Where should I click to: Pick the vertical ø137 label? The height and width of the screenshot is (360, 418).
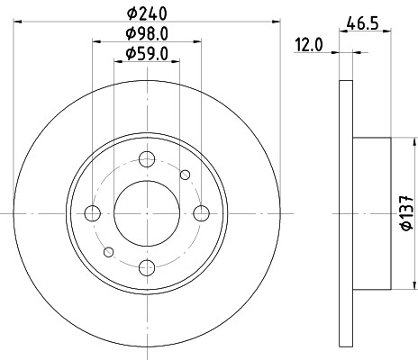pos(406,212)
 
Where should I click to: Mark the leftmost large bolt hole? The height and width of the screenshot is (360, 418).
pos(93,213)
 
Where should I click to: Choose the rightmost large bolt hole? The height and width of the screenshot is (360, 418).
pos(201,213)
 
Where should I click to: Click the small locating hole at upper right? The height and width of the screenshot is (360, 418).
pos(186,175)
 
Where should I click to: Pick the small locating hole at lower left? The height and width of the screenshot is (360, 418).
pos(108,251)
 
